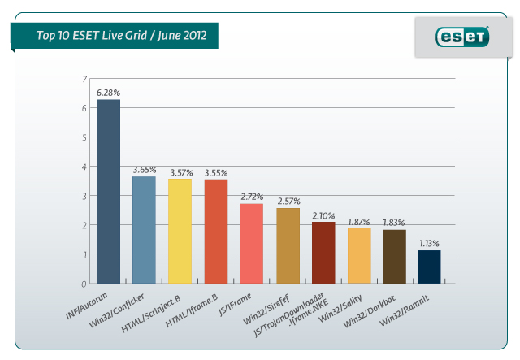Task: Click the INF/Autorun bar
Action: pos(108,191)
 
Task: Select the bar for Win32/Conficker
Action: pos(144,229)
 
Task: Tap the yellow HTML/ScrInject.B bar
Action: pos(180,231)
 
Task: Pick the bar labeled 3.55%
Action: pos(215,231)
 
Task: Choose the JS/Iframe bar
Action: pos(251,243)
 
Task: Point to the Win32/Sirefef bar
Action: pos(287,245)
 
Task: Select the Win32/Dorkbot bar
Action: pos(394,256)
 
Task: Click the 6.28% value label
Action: pos(108,93)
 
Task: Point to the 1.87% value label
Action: pos(358,221)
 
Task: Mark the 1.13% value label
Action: pos(430,243)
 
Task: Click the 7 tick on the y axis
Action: pos(84,79)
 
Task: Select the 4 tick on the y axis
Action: pos(84,167)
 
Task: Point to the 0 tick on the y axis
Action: pos(84,284)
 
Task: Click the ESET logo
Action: pos(463,37)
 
